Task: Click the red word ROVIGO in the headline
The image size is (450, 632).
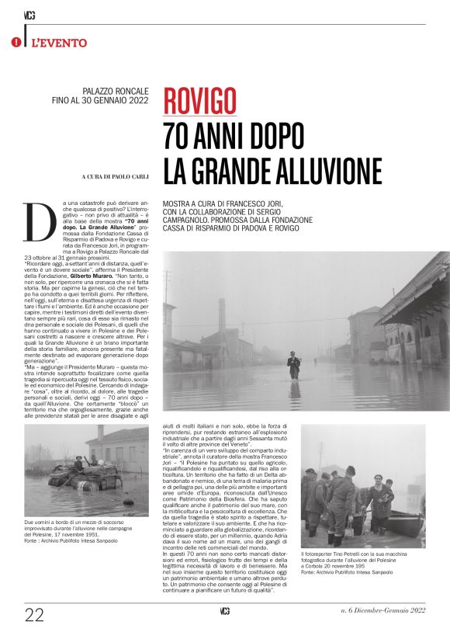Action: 199,101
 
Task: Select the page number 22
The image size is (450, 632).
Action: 34,614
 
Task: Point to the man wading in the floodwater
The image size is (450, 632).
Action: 294,363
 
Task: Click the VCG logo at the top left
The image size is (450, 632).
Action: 30,15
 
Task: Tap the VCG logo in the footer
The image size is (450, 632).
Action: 224,612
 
